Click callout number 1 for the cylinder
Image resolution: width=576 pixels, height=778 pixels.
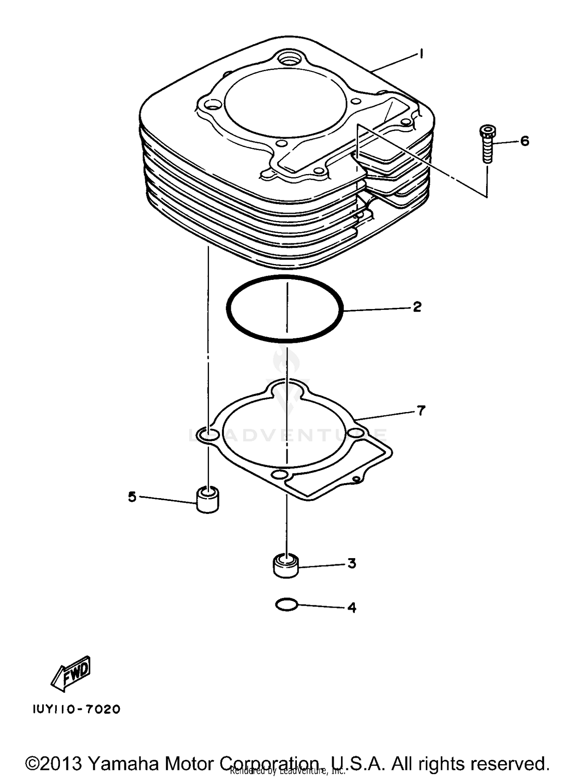[x=421, y=54]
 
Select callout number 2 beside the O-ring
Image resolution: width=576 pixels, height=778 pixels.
[x=417, y=307]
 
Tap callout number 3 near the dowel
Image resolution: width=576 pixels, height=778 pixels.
[x=352, y=564]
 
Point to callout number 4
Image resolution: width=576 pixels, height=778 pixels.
[x=351, y=608]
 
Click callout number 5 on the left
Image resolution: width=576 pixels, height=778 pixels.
[x=132, y=497]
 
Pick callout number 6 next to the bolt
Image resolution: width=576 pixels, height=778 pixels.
[x=525, y=141]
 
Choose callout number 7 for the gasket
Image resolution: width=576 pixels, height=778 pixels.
[x=421, y=411]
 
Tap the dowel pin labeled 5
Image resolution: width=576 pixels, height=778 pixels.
[x=207, y=500]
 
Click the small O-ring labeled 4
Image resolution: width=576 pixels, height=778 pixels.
[x=286, y=605]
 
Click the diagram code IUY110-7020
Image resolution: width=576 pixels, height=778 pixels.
[x=77, y=709]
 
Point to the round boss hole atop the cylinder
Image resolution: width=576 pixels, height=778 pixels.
[x=290, y=60]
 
